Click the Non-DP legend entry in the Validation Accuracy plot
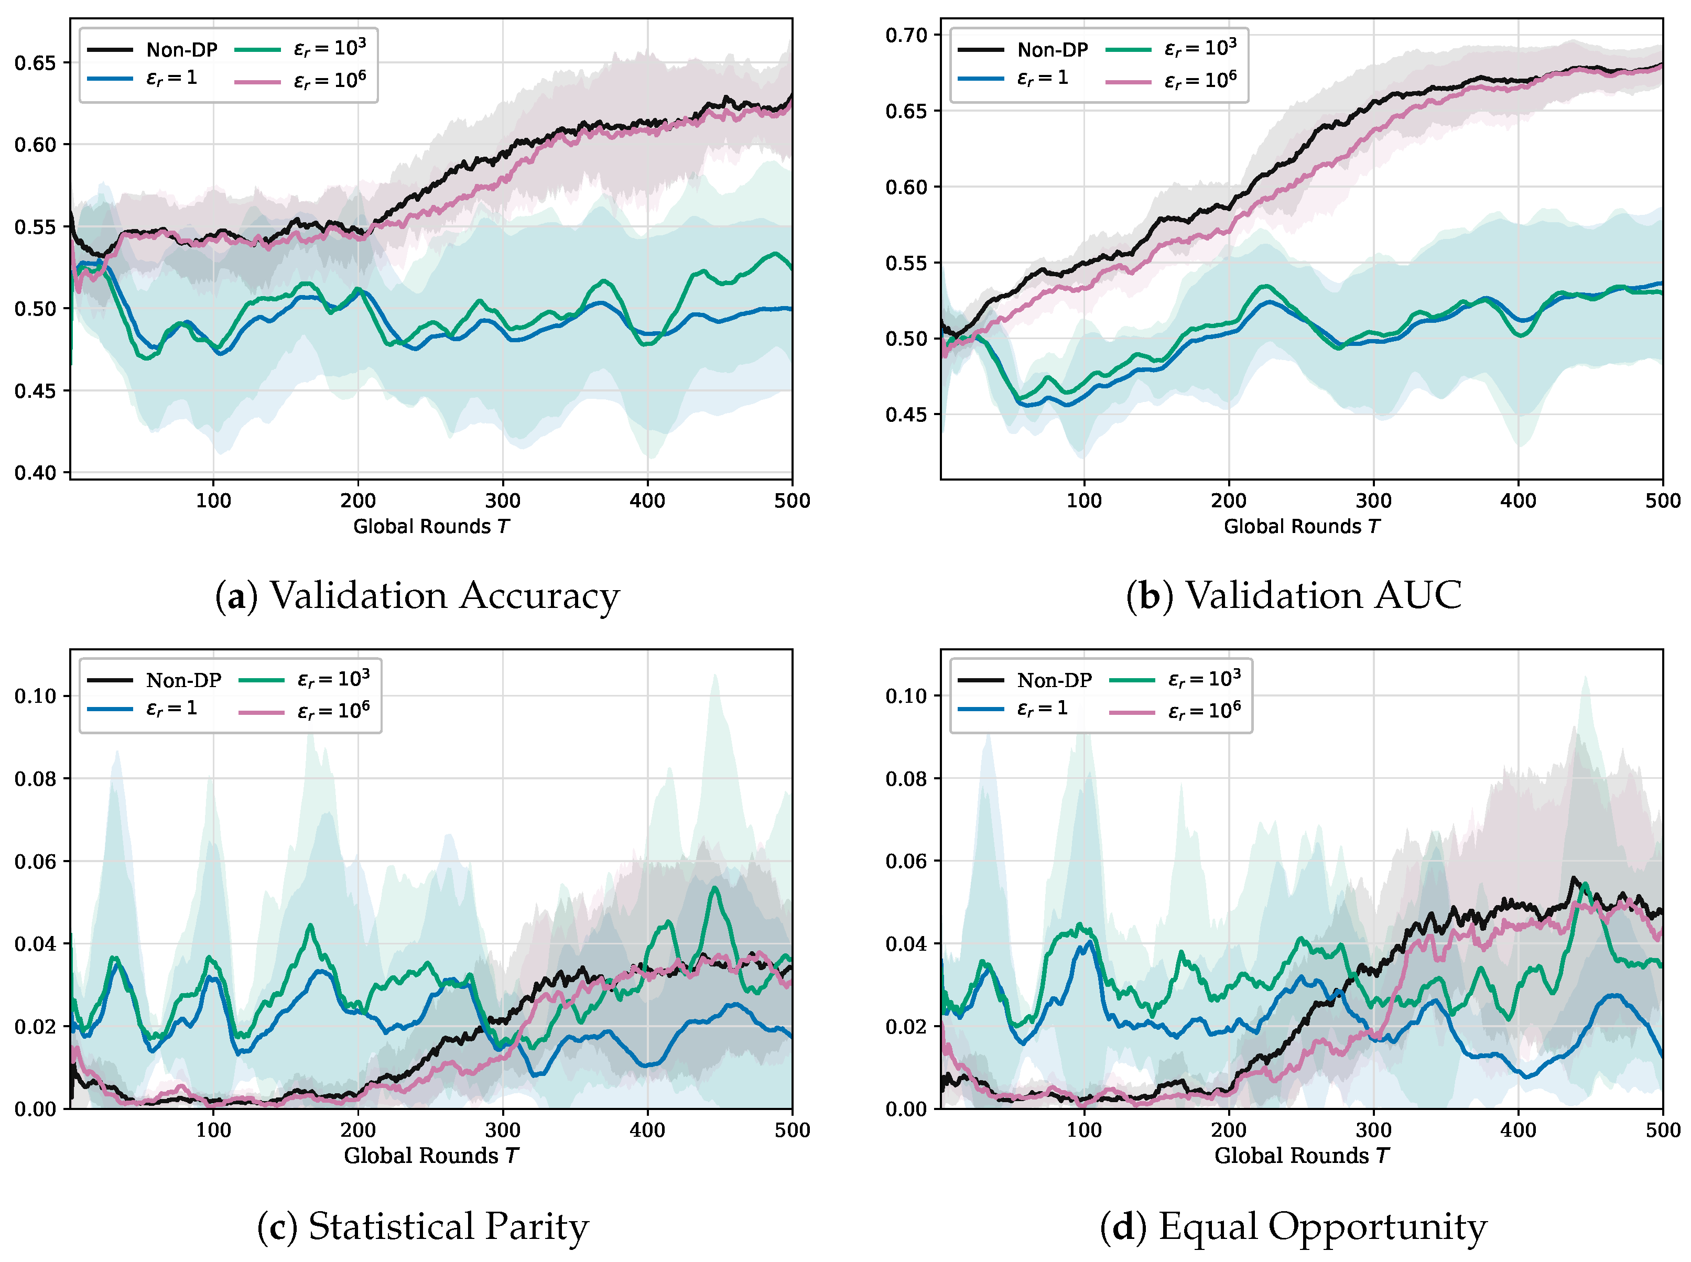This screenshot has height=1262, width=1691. point(152,50)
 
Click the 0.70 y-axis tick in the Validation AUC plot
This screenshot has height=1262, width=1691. point(906,35)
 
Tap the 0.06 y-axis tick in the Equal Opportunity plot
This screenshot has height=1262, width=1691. point(906,861)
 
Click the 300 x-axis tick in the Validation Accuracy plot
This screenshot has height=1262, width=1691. point(503,501)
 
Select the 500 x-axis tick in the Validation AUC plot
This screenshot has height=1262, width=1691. point(1663,501)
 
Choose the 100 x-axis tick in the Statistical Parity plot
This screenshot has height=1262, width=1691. point(213,1130)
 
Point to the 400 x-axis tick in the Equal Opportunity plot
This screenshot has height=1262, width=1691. point(1519,1130)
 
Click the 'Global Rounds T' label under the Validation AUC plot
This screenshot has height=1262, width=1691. point(1302,526)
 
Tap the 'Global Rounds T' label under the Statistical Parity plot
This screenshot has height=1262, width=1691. point(431,1156)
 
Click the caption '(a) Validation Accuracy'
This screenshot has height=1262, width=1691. point(417,596)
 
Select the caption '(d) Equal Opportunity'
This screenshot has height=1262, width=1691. point(1293,1227)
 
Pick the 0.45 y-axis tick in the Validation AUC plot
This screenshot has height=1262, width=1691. point(906,415)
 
